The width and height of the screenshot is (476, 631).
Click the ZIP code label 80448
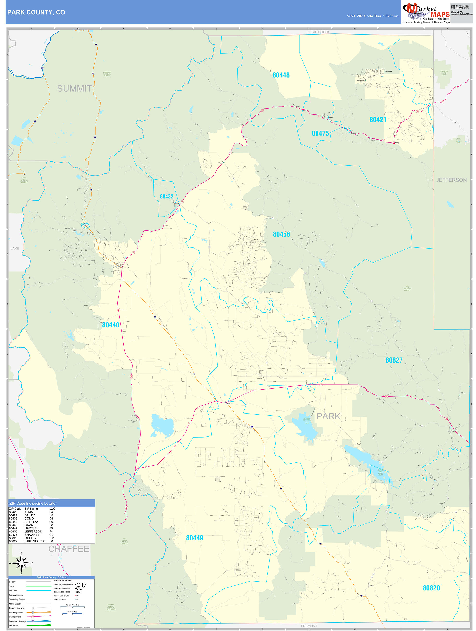tap(281, 75)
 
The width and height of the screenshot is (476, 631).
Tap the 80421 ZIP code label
tap(377, 120)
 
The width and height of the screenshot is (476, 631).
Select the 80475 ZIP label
tap(320, 133)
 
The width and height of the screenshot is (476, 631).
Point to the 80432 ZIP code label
tap(166, 197)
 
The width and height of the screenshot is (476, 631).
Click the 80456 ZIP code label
tap(281, 234)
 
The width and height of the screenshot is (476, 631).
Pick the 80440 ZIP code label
tap(110, 325)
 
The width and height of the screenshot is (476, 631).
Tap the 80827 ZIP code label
tap(394, 360)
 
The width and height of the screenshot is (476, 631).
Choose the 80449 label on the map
tap(195, 538)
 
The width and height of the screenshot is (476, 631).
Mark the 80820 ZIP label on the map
tap(431, 588)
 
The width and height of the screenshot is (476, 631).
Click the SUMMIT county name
tap(74, 89)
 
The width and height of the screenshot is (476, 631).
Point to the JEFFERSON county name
tap(451, 180)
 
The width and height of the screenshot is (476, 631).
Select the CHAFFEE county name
tap(68, 549)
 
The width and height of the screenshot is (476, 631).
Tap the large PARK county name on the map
tap(328, 416)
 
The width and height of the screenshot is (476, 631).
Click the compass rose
tap(21, 563)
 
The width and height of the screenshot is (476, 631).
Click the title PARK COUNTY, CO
tap(36, 12)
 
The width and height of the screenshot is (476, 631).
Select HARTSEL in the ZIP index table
tap(31, 528)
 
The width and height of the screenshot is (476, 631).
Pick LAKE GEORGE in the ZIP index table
tap(35, 541)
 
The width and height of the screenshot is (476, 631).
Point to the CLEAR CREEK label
tap(318, 32)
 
